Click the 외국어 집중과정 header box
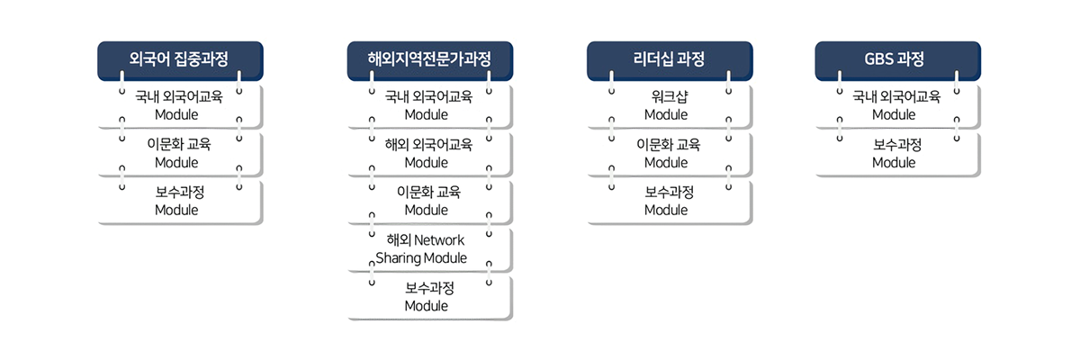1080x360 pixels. pyautogui.click(x=180, y=60)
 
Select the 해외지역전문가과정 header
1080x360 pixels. pyautogui.click(x=430, y=60)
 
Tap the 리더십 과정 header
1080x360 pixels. pyautogui.click(x=670, y=60)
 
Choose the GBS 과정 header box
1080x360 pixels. pyautogui.click(x=898, y=60)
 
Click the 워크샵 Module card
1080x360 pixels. pyautogui.click(x=670, y=106)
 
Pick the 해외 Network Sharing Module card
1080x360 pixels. pyautogui.click(x=430, y=249)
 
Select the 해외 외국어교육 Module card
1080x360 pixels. pyautogui.click(x=430, y=154)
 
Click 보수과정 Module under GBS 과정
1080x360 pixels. pyautogui.click(x=898, y=154)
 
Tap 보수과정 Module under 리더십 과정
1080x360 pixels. pyautogui.click(x=670, y=202)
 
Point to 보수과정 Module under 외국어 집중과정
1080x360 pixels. pyautogui.click(x=180, y=202)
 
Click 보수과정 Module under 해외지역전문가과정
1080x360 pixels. pyautogui.click(x=430, y=297)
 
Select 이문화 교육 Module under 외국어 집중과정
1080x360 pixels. pyautogui.click(x=180, y=154)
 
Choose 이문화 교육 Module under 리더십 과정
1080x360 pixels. pyautogui.click(x=670, y=154)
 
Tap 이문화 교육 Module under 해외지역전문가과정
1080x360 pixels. pyautogui.click(x=430, y=202)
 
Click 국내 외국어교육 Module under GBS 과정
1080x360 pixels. pyautogui.click(x=898, y=106)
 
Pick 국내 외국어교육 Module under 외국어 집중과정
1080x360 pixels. pyautogui.click(x=180, y=106)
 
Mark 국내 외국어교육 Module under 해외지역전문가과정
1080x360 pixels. pyautogui.click(x=430, y=106)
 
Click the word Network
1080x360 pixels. pyautogui.click(x=439, y=240)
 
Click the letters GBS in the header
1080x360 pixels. pyautogui.click(x=879, y=58)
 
